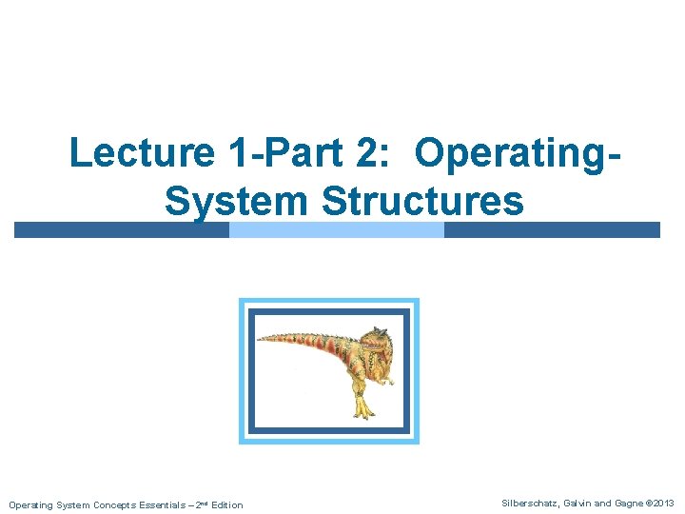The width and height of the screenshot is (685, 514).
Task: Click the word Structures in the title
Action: coord(423,201)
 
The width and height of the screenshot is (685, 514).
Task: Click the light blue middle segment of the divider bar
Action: coord(337,230)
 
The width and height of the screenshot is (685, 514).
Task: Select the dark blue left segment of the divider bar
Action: coord(122,230)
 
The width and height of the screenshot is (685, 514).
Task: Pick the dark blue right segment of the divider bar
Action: coord(552,230)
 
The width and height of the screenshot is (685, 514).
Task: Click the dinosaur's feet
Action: coord(362,411)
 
